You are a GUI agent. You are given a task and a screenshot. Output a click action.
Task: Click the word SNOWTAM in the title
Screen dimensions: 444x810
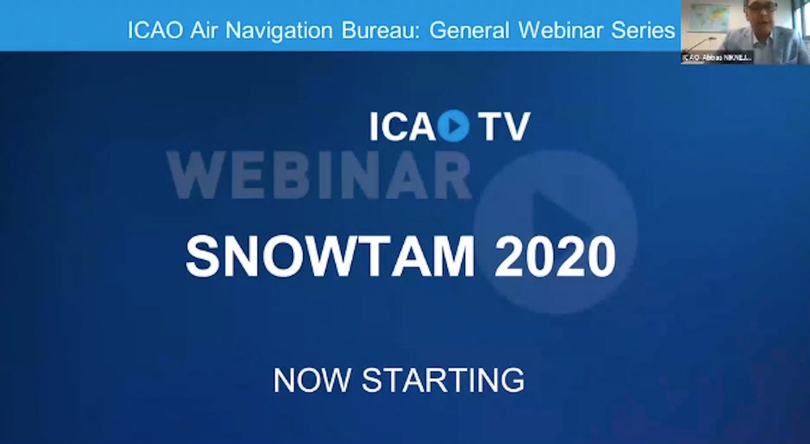pyautogui.click(x=330, y=257)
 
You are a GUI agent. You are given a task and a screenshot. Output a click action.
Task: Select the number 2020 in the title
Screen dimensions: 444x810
pyautogui.click(x=555, y=257)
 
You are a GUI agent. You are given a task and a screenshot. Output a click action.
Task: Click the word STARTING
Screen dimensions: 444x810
pyautogui.click(x=443, y=380)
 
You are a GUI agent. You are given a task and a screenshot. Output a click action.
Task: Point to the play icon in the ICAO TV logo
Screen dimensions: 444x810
pyautogui.click(x=453, y=125)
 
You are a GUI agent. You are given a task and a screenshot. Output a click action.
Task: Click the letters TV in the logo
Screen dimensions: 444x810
pyautogui.click(x=504, y=126)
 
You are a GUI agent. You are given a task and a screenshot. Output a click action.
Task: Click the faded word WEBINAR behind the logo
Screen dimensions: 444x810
pyautogui.click(x=318, y=175)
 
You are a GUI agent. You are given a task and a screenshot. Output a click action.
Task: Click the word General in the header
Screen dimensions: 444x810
pyautogui.click(x=469, y=30)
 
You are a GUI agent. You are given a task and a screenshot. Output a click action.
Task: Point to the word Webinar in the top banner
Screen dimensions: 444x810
pyautogui.click(x=558, y=30)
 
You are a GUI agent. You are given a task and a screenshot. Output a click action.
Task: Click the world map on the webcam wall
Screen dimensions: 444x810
pyautogui.click(x=708, y=17)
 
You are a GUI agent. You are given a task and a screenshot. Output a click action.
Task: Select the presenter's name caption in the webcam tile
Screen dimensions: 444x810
pyautogui.click(x=717, y=58)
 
